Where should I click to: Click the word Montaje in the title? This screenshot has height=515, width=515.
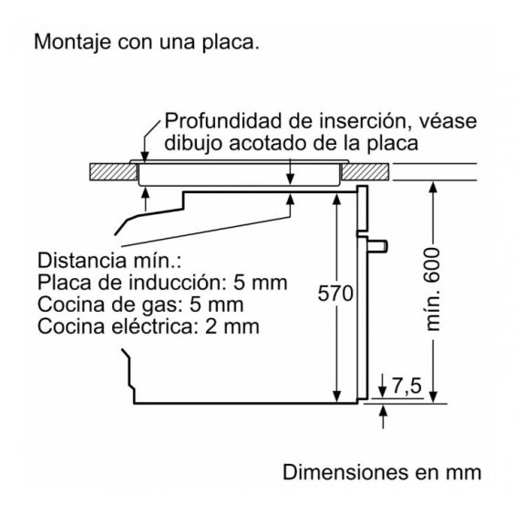[72, 43]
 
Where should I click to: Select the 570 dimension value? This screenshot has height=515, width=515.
[335, 294]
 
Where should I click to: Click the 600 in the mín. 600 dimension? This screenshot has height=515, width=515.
[432, 265]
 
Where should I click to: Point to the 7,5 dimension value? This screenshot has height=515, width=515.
[407, 386]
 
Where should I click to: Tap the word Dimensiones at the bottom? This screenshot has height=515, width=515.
[345, 472]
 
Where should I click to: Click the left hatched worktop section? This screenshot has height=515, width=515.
[113, 171]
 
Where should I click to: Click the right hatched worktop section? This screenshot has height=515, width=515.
[365, 171]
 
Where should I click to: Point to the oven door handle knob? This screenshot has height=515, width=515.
[377, 246]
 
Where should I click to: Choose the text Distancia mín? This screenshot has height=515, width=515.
[109, 261]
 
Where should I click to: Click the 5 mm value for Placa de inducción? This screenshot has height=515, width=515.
[260, 283]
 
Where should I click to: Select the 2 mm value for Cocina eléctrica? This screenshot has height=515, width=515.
[232, 326]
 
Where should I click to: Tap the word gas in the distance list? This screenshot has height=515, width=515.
[157, 305]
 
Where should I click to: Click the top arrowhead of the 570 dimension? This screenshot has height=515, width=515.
[336, 199]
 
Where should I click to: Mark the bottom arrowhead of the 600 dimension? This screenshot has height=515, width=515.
[433, 397]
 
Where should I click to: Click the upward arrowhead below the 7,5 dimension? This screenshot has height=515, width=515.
[383, 410]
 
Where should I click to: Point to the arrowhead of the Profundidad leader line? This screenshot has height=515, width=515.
[145, 157]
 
